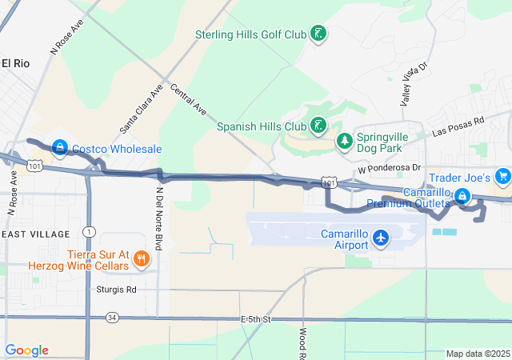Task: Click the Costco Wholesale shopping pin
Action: pyautogui.click(x=60, y=147)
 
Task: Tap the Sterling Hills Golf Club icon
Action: pyautogui.click(x=318, y=34)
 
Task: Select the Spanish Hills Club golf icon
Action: pyautogui.click(x=319, y=125)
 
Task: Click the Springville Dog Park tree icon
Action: pyautogui.click(x=345, y=142)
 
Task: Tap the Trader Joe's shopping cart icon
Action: pyautogui.click(x=502, y=176)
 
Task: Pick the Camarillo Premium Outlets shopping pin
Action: pyautogui.click(x=462, y=195)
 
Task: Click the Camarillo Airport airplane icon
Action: pyautogui.click(x=381, y=238)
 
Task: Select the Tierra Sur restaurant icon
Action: pyautogui.click(x=141, y=258)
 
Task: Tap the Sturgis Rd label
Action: pyautogui.click(x=116, y=290)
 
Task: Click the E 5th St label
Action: pyautogui.click(x=257, y=319)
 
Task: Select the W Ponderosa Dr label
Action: pyautogui.click(x=390, y=169)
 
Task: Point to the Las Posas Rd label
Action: pyautogui.click(x=458, y=126)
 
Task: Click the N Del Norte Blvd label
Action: pyautogui.click(x=159, y=218)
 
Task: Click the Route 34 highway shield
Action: pyautogui.click(x=111, y=318)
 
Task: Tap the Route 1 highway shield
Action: pyautogui.click(x=89, y=232)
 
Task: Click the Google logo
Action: pyautogui.click(x=26, y=350)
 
